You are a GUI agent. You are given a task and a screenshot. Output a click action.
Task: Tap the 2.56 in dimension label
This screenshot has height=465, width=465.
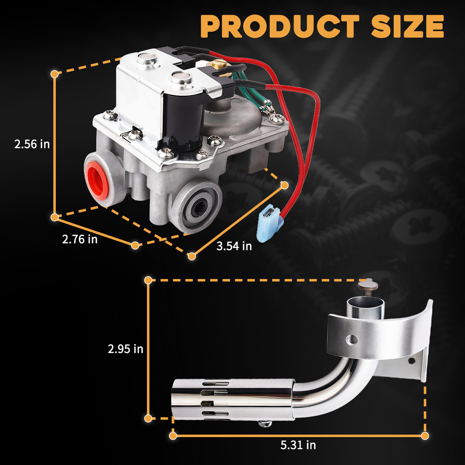(x=32, y=144)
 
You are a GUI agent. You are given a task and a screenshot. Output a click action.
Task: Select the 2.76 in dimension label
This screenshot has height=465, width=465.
(x=80, y=239)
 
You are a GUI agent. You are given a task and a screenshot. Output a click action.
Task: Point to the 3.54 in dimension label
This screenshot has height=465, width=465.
(x=234, y=246)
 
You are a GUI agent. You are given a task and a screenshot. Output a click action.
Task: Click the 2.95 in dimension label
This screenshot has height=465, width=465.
(x=126, y=349)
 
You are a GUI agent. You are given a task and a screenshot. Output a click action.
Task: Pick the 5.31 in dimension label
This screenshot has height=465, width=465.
(x=298, y=445)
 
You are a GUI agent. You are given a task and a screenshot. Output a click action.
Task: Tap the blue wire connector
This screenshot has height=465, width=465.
(x=267, y=223)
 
